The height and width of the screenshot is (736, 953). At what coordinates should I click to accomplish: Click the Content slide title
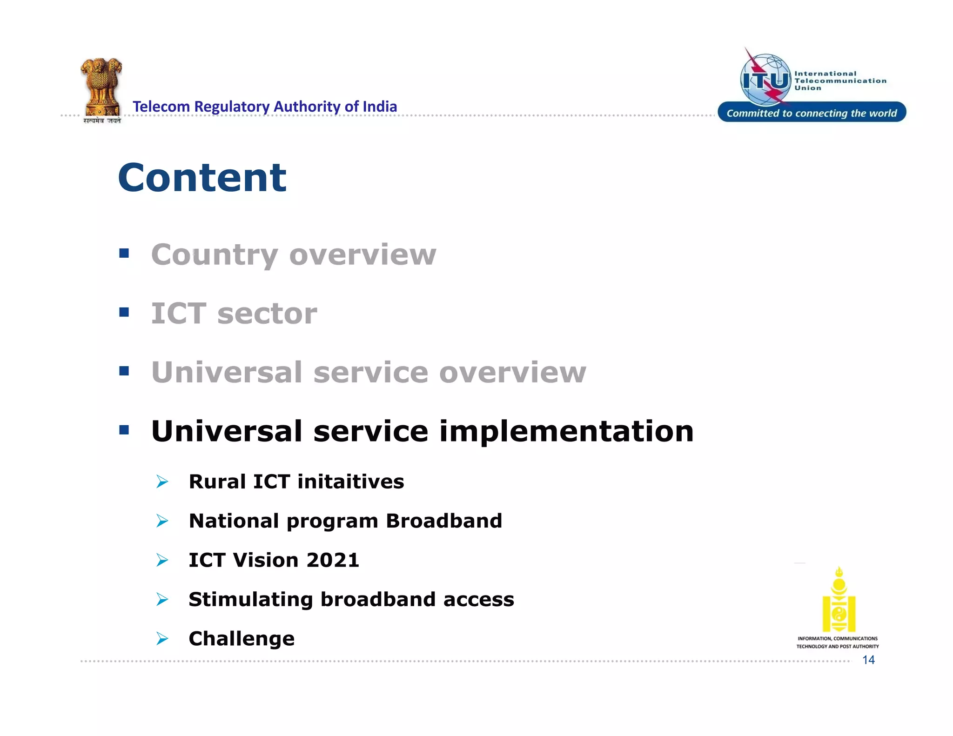coord(202,178)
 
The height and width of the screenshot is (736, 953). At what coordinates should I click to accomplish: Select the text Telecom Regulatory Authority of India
coord(265,107)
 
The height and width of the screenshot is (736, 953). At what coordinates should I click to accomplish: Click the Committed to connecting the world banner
coord(812,113)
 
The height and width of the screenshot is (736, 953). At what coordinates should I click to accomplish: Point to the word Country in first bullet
coord(215,255)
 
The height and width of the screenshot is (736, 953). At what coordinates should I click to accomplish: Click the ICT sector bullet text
coord(234,314)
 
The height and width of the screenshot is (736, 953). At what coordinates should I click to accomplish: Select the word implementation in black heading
coord(566,431)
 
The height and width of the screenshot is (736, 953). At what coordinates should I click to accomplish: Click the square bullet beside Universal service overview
coord(124,371)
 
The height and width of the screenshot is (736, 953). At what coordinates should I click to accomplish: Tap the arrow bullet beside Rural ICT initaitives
coord(162,482)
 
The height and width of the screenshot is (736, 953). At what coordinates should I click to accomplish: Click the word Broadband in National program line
coord(444,521)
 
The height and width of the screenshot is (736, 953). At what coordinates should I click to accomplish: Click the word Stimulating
coord(250,599)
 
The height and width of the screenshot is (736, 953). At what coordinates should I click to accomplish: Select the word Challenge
coord(242,639)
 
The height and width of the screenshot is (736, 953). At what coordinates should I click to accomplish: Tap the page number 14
coord(868,660)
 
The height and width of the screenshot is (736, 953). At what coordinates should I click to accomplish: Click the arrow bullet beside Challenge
coord(162,638)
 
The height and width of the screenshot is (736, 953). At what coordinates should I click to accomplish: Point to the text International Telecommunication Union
coord(839,80)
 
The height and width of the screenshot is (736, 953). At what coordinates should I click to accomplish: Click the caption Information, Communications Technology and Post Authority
coord(838,642)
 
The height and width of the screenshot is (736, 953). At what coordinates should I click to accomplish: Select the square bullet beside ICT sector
coord(124,312)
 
